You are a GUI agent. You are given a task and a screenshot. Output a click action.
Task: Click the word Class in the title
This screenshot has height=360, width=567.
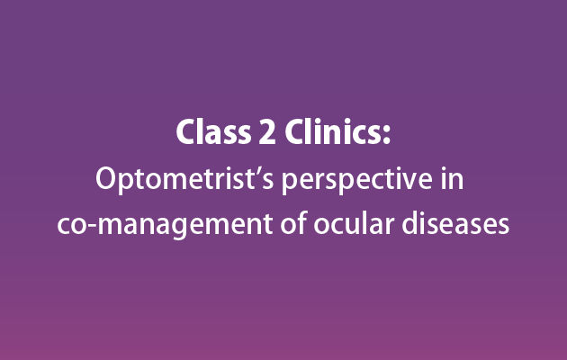213,131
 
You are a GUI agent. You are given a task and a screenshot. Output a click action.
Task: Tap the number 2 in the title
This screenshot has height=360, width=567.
267,132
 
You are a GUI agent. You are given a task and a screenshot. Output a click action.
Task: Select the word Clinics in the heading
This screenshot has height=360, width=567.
333,131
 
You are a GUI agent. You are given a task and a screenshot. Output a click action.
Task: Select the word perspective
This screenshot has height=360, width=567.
357,180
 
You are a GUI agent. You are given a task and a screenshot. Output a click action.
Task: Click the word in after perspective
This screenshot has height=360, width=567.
452,178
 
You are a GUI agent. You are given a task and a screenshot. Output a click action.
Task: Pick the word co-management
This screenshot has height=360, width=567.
165,225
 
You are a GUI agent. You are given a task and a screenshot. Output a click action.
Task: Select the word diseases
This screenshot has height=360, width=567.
455,222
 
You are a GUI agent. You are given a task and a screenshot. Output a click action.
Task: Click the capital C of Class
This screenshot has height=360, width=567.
186,132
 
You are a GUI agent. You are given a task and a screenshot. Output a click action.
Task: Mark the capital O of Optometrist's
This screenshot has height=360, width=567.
107,179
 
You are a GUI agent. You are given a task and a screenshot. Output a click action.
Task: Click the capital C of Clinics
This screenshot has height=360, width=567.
295,132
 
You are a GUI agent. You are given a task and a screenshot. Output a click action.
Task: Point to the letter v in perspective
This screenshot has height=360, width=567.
405,182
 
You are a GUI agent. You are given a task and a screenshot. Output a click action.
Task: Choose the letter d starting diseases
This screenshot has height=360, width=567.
410,222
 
